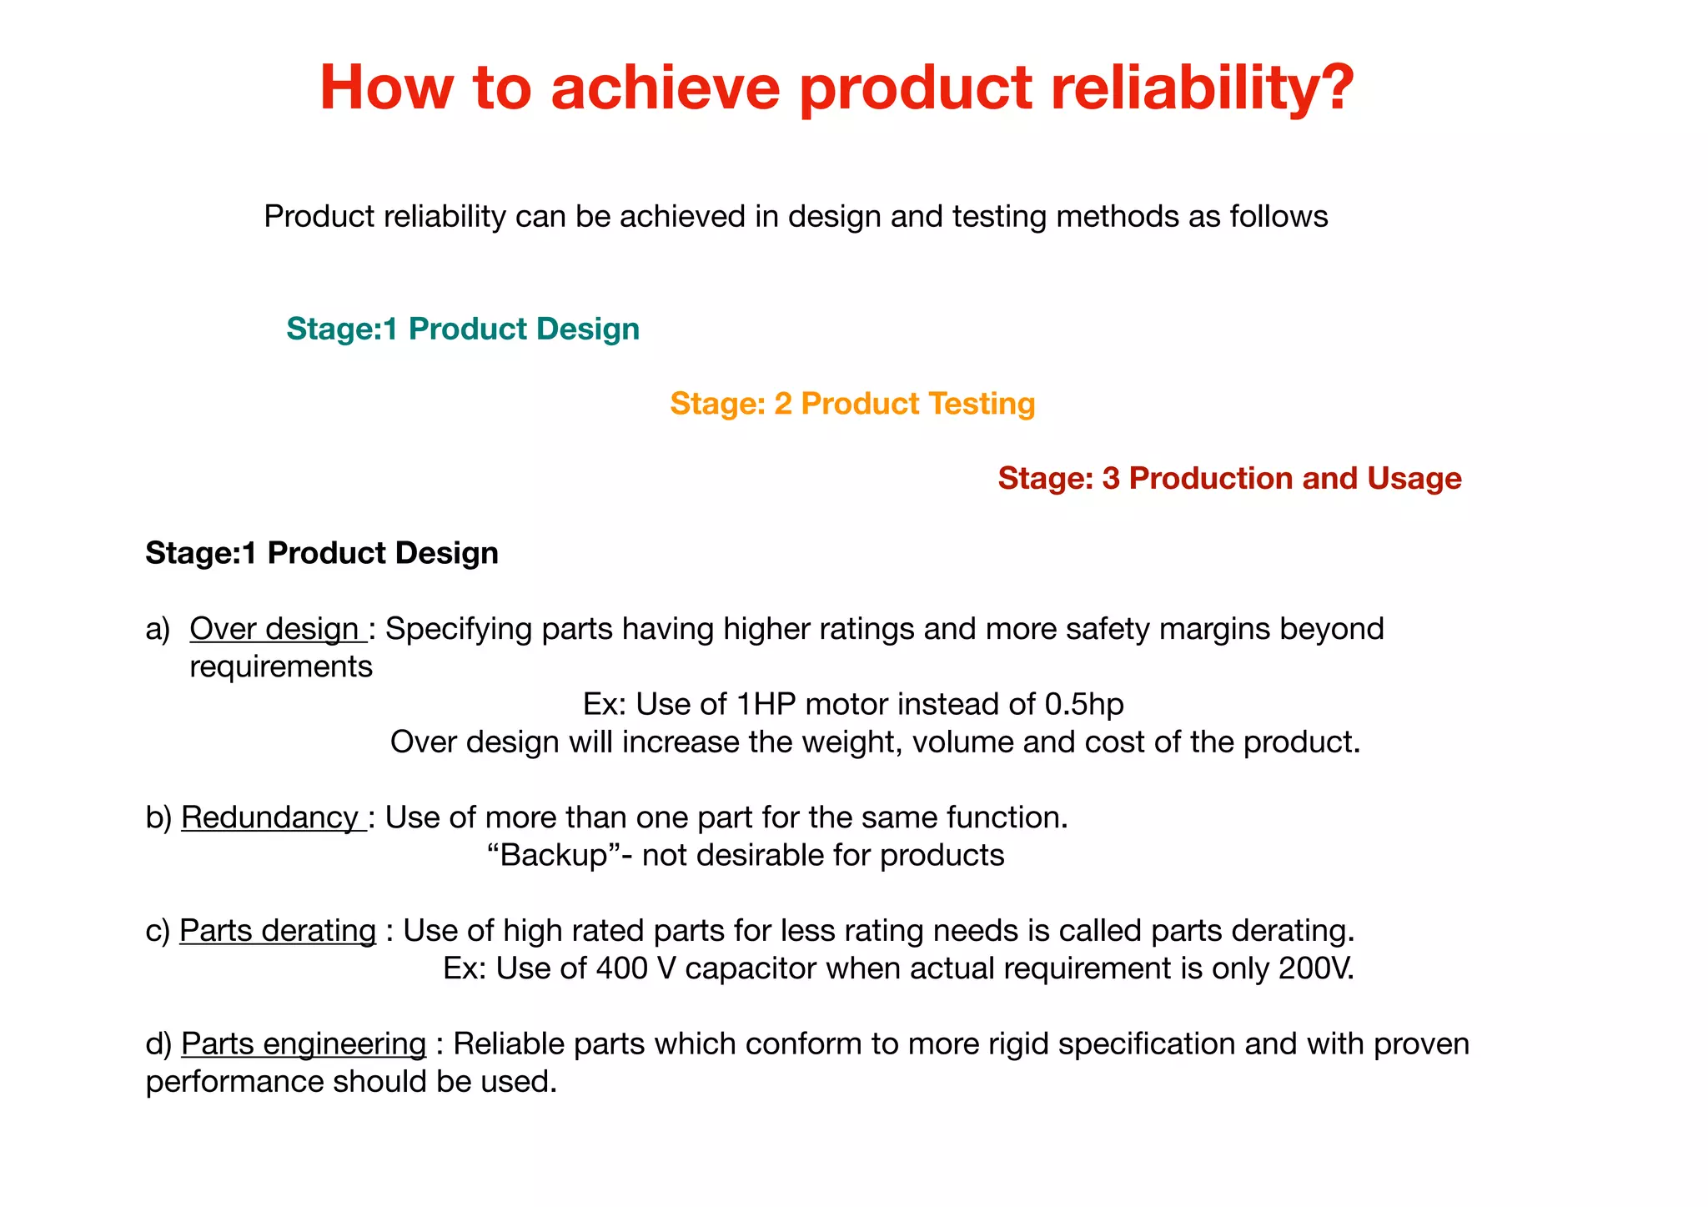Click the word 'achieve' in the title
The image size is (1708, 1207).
pyautogui.click(x=665, y=87)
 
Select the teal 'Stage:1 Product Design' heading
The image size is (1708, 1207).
pyautogui.click(x=463, y=329)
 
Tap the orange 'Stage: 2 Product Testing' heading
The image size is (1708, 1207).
pyautogui.click(x=852, y=404)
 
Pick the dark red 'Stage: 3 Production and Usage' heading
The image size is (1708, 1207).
pyautogui.click(x=1229, y=479)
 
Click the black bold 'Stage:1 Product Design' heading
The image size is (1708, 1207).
pyautogui.click(x=322, y=553)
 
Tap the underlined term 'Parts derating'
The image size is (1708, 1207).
pyautogui.click(x=278, y=931)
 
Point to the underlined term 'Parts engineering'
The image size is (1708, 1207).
pyautogui.click(x=304, y=1044)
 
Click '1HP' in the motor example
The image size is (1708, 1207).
pyautogui.click(x=766, y=705)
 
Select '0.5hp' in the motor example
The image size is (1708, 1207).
pyautogui.click(x=1084, y=705)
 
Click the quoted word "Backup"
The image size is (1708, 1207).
pyautogui.click(x=554, y=856)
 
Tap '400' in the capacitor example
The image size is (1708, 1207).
pyautogui.click(x=621, y=968)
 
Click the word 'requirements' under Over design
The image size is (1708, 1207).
pyautogui.click(x=281, y=667)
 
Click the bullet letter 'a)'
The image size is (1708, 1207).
pyautogui.click(x=158, y=629)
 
